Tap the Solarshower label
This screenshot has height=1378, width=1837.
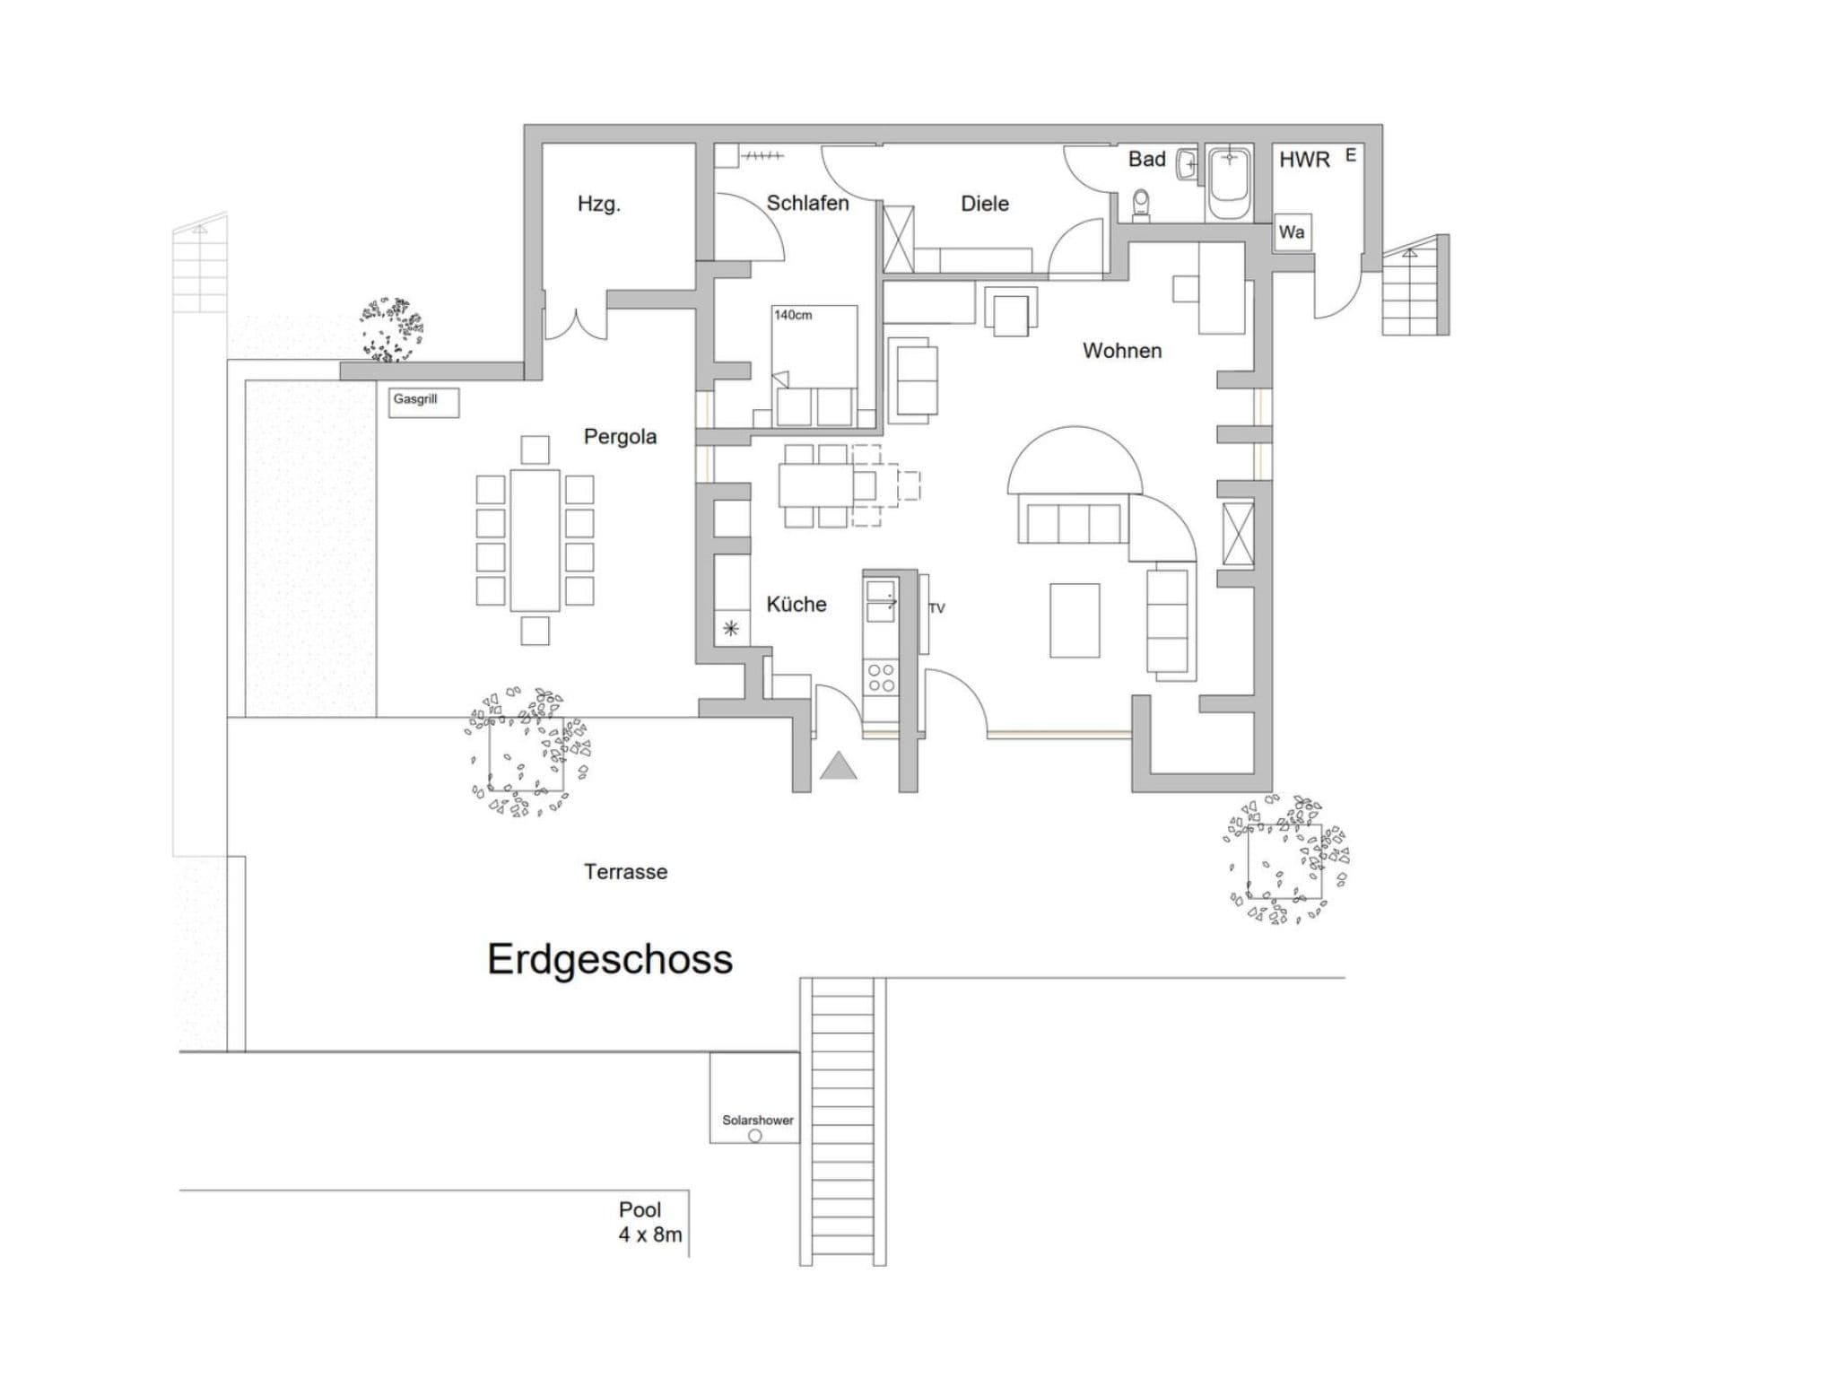758,1120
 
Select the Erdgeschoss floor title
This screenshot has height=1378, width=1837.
610,959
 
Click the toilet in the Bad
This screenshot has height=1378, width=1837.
1142,204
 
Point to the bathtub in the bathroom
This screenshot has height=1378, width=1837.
1229,183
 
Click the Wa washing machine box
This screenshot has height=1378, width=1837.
1293,232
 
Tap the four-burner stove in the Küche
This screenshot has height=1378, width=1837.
881,677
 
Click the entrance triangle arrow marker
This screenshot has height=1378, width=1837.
839,765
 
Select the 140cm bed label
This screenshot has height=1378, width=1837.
793,315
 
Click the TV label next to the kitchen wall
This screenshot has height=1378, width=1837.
936,608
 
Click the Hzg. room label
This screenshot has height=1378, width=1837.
598,205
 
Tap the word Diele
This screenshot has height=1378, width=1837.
985,204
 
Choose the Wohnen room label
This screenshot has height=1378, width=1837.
1122,351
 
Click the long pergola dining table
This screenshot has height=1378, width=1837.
535,540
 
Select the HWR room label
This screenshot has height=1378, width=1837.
1304,160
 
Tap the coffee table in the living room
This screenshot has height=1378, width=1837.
1075,620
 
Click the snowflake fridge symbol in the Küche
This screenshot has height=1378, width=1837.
731,628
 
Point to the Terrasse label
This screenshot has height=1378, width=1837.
626,872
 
